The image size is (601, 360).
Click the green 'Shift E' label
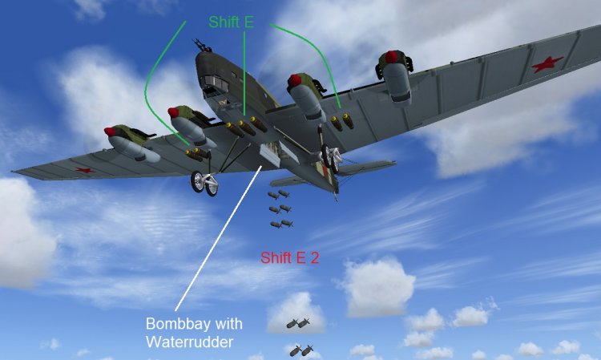coord(231,22)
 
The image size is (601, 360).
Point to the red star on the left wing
coord(83,170)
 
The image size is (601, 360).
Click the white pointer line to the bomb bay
coord(216,240)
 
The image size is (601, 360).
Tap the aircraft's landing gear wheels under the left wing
coord(204,184)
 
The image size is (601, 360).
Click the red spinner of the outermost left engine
coord(110,131)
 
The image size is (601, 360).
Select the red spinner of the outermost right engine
coord(390,57)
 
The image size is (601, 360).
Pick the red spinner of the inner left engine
coord(173,111)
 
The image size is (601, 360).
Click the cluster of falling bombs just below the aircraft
coord(278,208)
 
